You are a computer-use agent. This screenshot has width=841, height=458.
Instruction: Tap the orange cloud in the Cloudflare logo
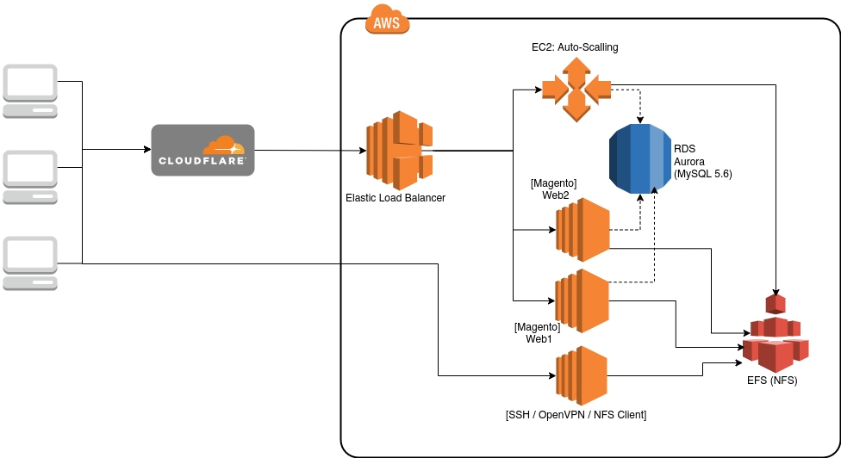[223, 145]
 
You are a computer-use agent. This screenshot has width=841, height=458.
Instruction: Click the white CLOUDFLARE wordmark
[202, 161]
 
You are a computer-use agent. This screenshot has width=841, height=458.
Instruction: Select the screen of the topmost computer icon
[30, 83]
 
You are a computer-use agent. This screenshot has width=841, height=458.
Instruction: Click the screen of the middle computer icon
[30, 168]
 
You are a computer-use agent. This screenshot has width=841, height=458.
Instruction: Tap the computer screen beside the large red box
[30, 254]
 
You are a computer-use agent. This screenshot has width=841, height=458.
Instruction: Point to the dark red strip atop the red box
[198, 270]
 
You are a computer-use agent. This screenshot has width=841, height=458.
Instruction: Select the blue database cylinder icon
[639, 158]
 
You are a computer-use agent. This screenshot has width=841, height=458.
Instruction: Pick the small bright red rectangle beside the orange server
[631, 239]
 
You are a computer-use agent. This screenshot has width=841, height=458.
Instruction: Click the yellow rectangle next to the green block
[640, 362]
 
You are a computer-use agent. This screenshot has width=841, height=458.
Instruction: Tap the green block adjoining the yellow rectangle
[689, 362]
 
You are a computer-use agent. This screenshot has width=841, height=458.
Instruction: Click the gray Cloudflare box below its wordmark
[202, 181]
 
